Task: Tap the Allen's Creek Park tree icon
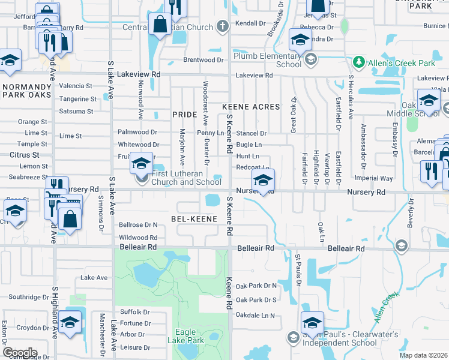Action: [x=358, y=62]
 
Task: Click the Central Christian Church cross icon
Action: [x=222, y=26]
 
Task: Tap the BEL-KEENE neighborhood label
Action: [x=194, y=219]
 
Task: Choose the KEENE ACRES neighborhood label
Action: [x=252, y=107]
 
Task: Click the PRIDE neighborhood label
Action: [x=184, y=114]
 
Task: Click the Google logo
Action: [x=19, y=352]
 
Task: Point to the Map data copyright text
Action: [x=423, y=355]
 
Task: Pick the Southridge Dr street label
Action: [x=29, y=297]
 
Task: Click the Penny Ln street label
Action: [x=210, y=133]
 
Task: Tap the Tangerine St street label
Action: [x=77, y=99]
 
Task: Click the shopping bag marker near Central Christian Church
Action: [x=160, y=25]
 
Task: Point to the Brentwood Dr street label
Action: [x=203, y=60]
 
